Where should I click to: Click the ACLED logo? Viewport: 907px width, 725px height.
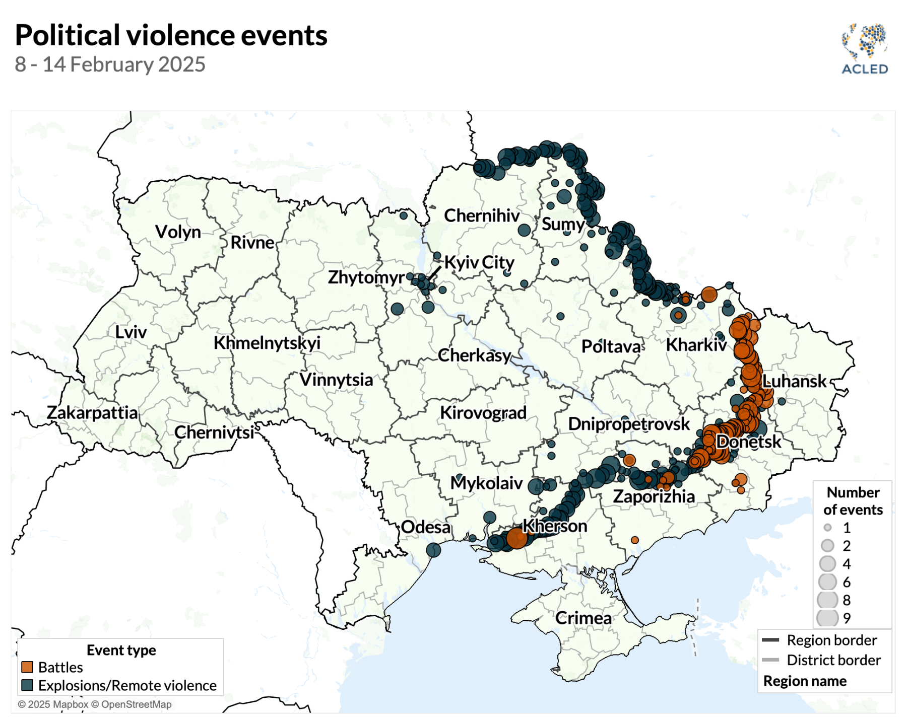click(x=865, y=49)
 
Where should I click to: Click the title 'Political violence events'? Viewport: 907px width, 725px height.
click(x=171, y=35)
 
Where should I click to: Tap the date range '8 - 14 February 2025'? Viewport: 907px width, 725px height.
click(x=110, y=64)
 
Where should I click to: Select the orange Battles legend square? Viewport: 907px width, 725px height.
click(x=27, y=667)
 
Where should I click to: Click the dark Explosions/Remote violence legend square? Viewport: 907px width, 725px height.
click(x=27, y=685)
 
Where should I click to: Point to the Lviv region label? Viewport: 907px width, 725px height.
click(x=131, y=332)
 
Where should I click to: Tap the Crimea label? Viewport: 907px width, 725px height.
click(x=584, y=618)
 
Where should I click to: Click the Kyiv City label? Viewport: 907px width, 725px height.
click(x=479, y=262)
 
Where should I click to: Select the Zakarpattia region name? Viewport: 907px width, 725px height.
click(x=92, y=413)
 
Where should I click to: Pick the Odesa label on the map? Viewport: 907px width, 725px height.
click(x=426, y=527)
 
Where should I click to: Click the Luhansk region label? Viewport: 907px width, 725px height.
click(x=795, y=381)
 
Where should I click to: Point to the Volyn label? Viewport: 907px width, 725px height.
click(x=178, y=232)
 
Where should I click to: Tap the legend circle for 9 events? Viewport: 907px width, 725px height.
click(x=827, y=618)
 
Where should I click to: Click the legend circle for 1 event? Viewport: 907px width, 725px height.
click(x=827, y=528)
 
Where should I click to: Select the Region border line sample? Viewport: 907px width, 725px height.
click(x=770, y=640)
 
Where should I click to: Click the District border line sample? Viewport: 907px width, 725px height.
click(x=770, y=660)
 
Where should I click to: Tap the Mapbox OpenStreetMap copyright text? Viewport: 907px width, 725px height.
click(x=95, y=704)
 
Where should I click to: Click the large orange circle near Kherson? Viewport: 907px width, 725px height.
click(x=516, y=538)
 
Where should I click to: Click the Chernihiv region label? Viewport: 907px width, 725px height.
click(x=481, y=215)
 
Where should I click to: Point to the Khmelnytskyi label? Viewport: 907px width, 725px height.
click(x=267, y=343)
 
